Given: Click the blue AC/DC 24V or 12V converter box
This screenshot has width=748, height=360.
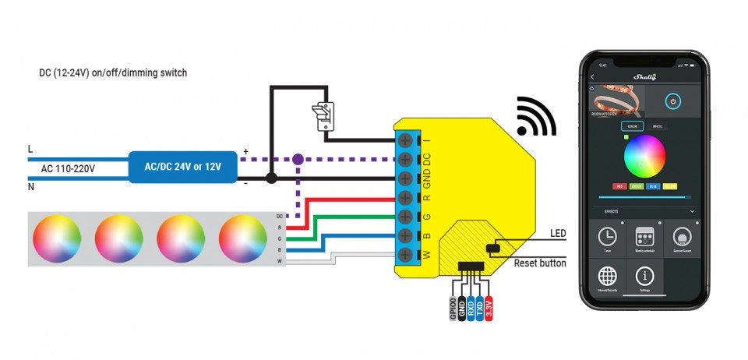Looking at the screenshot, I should pos(182,167).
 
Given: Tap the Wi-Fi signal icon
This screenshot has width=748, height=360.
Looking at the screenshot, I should pos(536,117).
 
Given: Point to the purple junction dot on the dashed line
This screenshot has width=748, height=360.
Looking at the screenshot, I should pos(297,159).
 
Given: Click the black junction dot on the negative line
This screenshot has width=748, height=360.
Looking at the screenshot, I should pos(270,178).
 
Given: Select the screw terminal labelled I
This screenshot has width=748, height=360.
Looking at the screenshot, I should pos(405,140).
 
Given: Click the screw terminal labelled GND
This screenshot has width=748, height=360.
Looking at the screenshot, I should pos(405,178).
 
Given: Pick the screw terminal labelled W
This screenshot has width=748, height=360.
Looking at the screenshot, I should pos(405,253).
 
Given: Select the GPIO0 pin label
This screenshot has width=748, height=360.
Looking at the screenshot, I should pos(453,307).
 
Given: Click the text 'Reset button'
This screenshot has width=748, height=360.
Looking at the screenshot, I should pos(540,263).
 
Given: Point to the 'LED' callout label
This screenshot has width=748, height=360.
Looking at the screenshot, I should pos(558,234).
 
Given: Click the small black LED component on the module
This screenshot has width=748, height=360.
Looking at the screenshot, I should pos(492,249).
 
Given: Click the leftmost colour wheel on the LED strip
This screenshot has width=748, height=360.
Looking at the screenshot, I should pos(55,238).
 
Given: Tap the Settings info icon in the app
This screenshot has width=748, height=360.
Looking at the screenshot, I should pos(644,277).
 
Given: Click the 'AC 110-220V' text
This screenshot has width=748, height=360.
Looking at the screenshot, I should pos(68,168).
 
